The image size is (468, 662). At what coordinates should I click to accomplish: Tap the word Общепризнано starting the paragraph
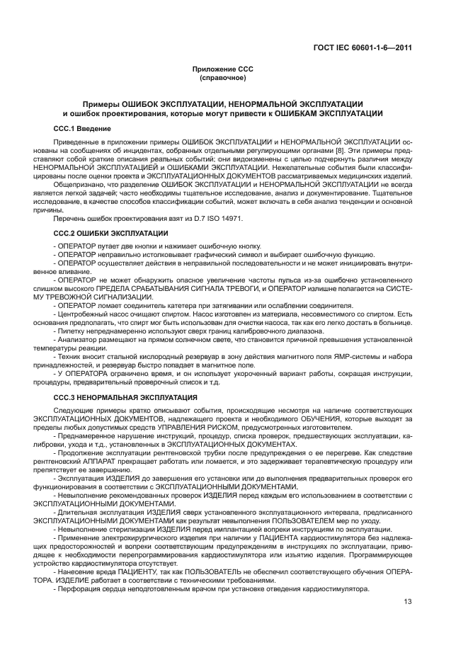pos(76,184)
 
